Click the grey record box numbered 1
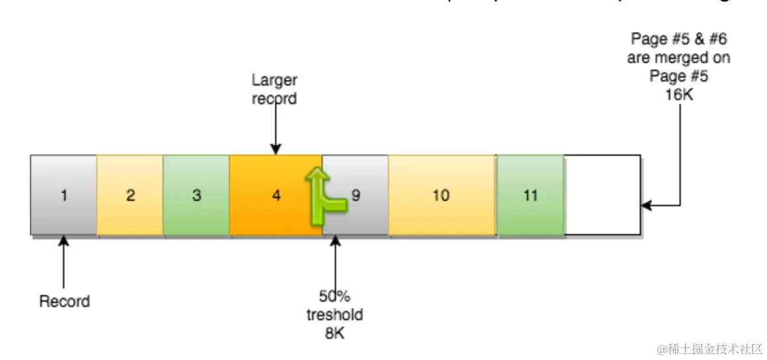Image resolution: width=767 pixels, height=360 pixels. (x=64, y=196)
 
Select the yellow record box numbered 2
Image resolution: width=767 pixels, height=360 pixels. (x=130, y=196)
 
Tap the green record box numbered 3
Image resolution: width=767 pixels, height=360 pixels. (x=196, y=196)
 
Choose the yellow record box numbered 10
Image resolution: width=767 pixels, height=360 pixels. (x=442, y=196)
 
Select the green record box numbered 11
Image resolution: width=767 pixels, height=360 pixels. (x=530, y=196)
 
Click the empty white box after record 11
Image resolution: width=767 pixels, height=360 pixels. (x=602, y=196)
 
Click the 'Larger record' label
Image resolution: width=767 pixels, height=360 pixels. (x=274, y=90)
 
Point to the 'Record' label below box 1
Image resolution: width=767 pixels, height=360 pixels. (x=64, y=302)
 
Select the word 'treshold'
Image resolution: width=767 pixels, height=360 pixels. (x=335, y=315)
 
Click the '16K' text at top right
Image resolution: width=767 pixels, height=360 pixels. (x=679, y=93)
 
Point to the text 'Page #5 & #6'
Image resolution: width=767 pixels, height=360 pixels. (x=679, y=40)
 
